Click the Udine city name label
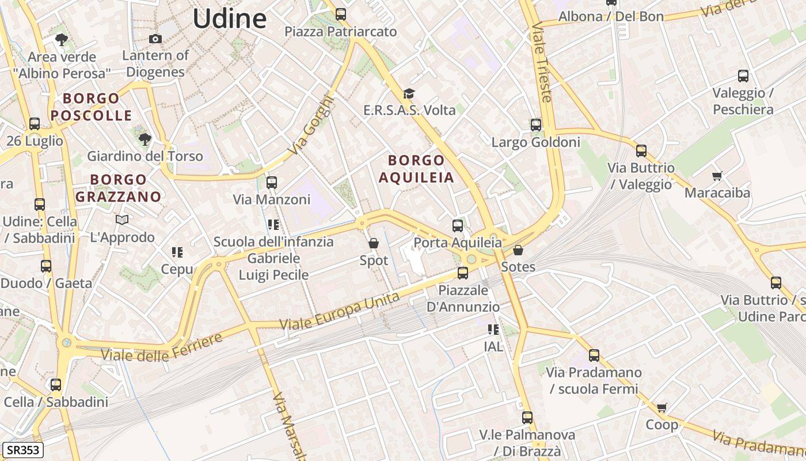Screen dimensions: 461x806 229,18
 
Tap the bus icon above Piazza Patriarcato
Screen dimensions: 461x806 341,14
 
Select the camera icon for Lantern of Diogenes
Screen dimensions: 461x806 155,39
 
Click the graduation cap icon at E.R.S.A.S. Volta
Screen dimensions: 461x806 409,93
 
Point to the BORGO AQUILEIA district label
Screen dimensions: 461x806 416,169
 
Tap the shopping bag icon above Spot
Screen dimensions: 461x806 374,244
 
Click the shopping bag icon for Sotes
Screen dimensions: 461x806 518,250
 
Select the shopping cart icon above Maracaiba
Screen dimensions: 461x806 717,176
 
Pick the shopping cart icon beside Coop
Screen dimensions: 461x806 662,407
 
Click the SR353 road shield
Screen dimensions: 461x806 23,449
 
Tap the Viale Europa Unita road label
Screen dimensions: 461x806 340,312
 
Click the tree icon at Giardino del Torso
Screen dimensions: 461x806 145,139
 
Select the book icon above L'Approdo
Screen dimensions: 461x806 122,220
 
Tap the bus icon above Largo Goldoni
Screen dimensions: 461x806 536,124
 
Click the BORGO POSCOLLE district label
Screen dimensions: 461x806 91,107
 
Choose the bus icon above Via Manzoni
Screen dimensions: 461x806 272,183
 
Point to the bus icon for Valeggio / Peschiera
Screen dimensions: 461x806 743,75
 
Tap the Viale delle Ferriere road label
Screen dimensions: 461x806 162,347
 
